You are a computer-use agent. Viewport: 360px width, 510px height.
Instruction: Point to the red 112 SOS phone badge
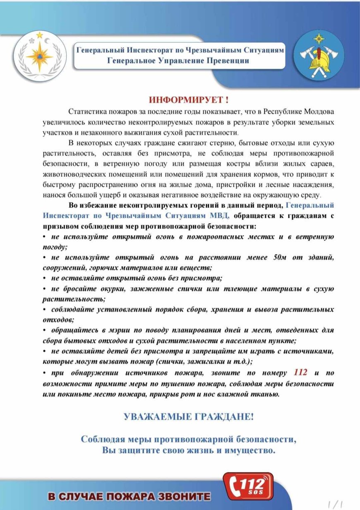point(248,486)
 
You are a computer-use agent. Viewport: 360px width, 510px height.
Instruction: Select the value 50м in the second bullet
point(280,257)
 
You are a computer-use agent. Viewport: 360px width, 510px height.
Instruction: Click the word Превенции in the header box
point(226,61)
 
